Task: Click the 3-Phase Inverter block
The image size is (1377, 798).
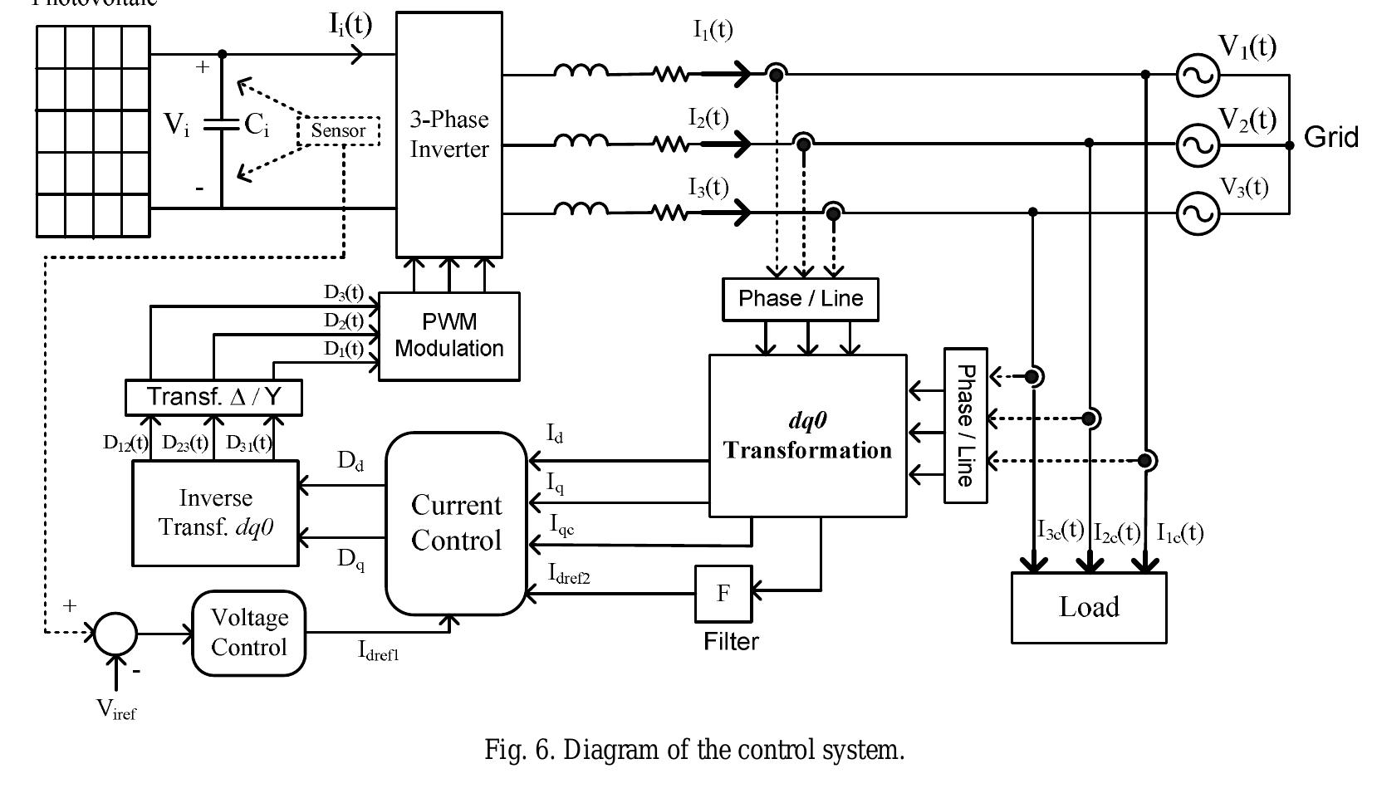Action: point(448,135)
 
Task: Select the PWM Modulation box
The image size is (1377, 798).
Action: point(448,335)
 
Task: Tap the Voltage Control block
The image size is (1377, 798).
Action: point(249,633)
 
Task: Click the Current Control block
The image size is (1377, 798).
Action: point(456,523)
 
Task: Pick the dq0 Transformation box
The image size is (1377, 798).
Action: point(807,436)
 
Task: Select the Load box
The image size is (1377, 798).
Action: point(1089,607)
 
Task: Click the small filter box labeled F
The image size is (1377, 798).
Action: point(723,593)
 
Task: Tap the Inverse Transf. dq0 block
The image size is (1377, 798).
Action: point(216,513)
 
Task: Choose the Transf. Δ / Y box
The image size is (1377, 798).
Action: point(213,397)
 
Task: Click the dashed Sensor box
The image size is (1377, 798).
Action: point(339,131)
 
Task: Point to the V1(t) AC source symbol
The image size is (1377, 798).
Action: point(1198,76)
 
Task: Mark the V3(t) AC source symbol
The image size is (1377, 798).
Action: point(1198,213)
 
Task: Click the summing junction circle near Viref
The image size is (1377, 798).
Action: point(115,634)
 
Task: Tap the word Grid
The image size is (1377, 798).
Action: point(1331,137)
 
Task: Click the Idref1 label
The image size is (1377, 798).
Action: point(379,652)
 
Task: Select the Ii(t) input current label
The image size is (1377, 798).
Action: point(351,25)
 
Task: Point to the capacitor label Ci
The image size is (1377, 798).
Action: point(257,125)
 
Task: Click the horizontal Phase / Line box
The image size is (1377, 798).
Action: point(801,299)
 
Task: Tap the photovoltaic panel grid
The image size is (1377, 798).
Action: point(93,130)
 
